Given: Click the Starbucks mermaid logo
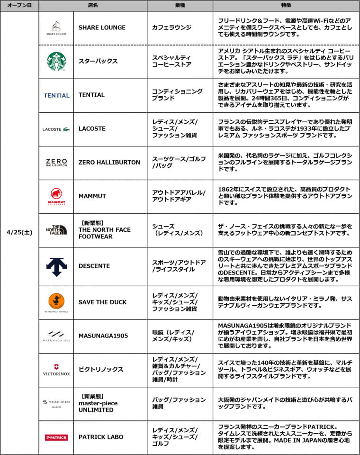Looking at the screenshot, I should click(x=56, y=62).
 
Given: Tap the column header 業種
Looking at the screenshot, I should click(x=180, y=5).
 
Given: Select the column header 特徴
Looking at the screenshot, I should click(x=286, y=5).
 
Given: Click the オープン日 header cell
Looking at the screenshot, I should click(x=19, y=5).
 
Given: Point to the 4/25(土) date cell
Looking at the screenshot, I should click(x=19, y=232).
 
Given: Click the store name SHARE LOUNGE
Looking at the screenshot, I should click(x=102, y=27).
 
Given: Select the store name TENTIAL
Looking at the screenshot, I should click(x=91, y=95).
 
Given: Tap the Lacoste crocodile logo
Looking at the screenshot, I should click(x=56, y=129).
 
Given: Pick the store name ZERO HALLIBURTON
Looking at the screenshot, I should click(x=109, y=162).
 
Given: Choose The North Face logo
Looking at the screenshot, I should click(x=56, y=230).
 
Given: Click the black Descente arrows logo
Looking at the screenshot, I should click(x=56, y=266).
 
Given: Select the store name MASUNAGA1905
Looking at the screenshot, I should click(x=103, y=336).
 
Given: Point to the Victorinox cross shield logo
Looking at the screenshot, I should click(x=56, y=366).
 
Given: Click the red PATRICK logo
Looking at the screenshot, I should click(x=56, y=437).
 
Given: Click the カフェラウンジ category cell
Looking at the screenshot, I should click(x=171, y=27).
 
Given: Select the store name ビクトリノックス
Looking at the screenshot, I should click(x=100, y=370).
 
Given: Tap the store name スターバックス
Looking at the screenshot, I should click(x=98, y=62).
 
